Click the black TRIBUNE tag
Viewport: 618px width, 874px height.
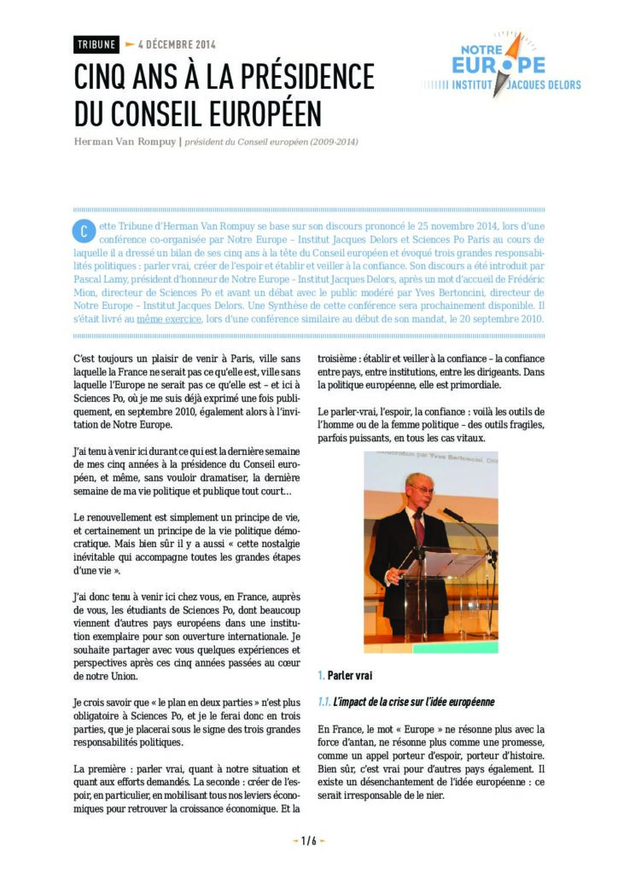[96, 44]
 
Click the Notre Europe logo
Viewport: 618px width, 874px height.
[504, 67]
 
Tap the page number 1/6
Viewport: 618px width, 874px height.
[308, 841]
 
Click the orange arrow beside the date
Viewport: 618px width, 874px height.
[130, 44]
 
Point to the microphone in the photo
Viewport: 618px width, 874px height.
[452, 515]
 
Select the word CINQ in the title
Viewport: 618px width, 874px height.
[104, 78]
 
